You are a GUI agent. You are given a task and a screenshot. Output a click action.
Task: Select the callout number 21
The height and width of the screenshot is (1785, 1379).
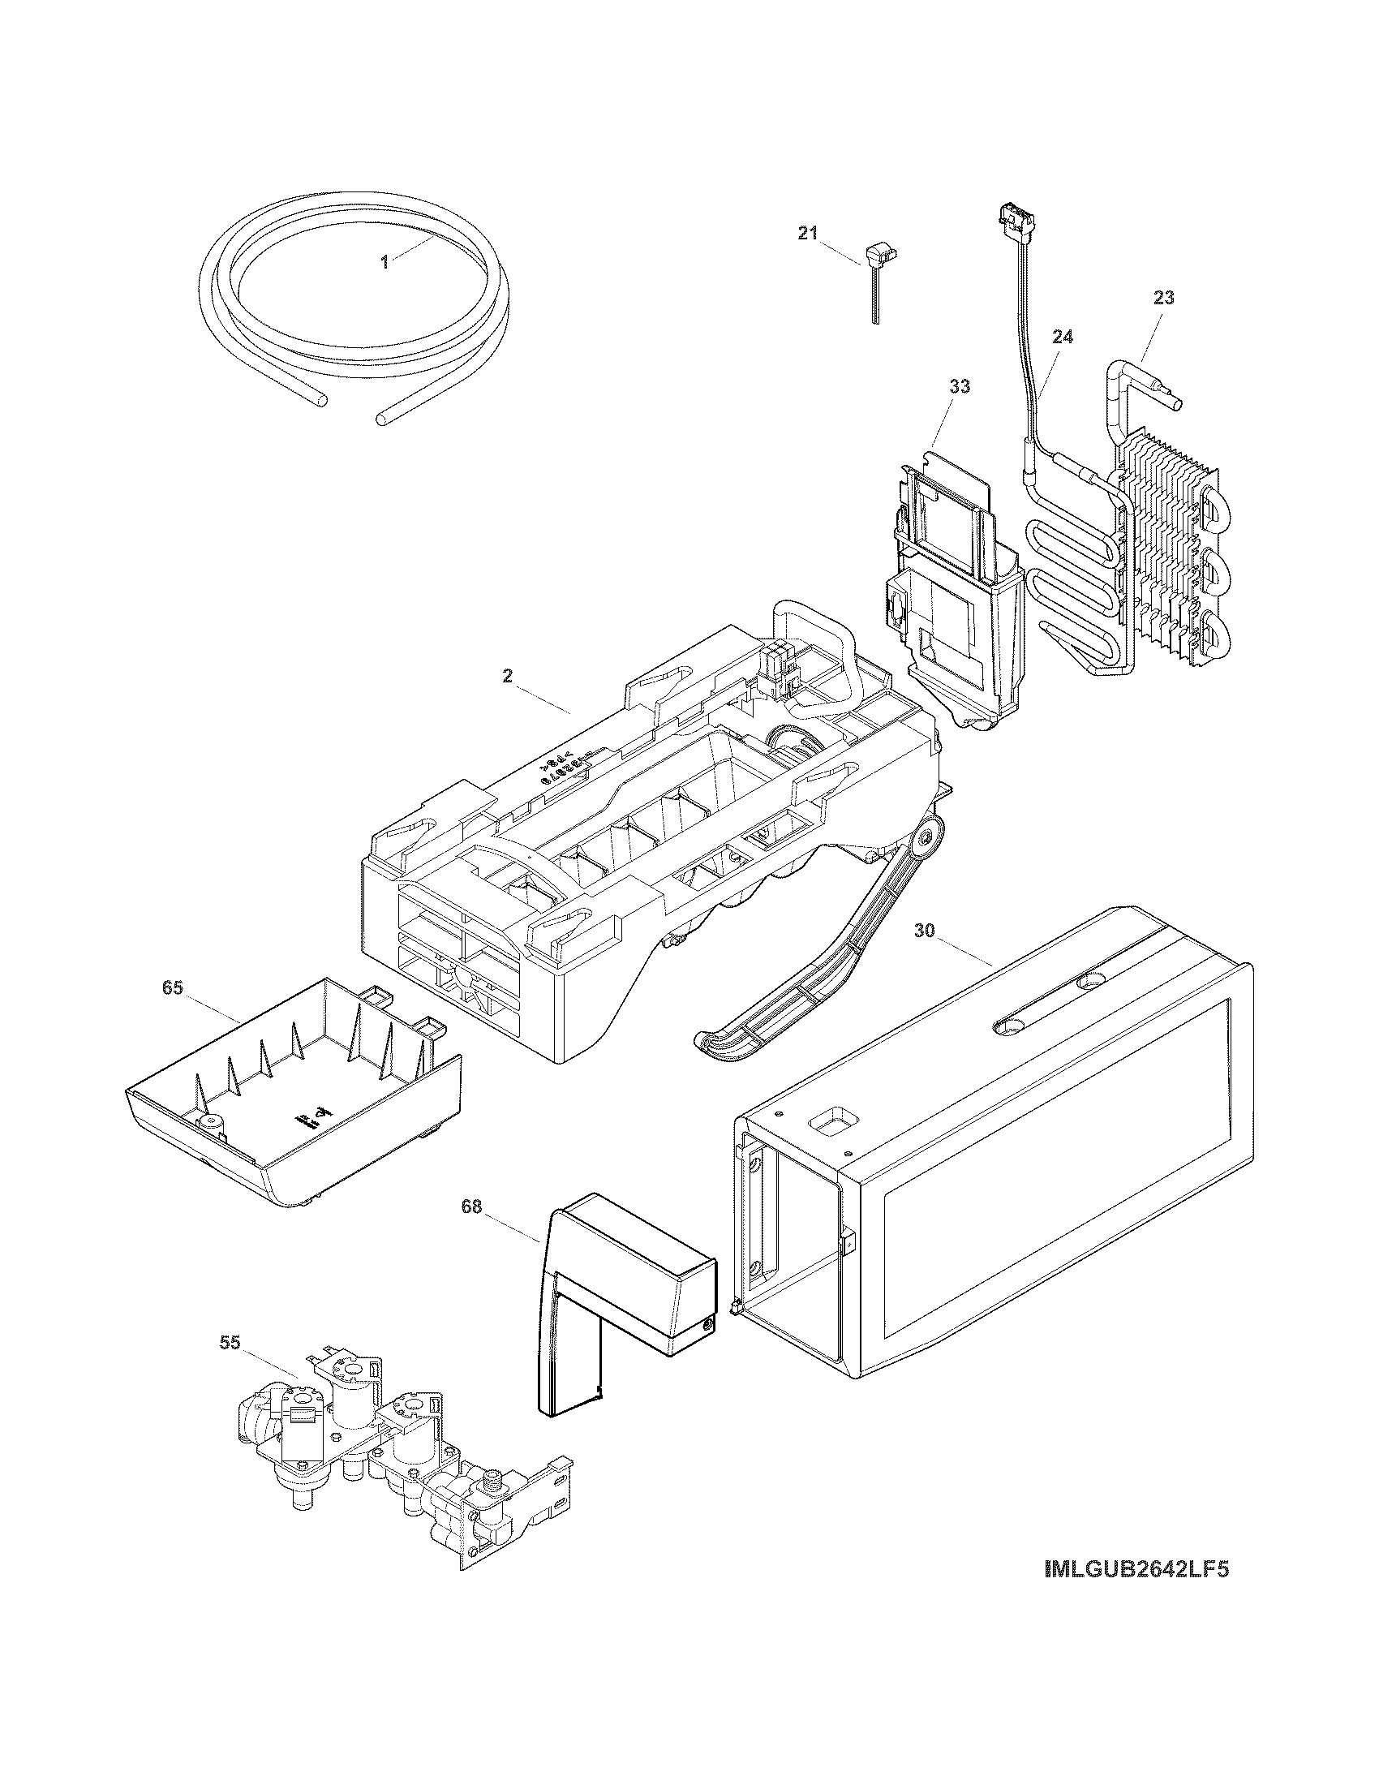click(807, 234)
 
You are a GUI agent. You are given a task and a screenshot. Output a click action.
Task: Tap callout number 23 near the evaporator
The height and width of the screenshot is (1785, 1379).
click(1163, 299)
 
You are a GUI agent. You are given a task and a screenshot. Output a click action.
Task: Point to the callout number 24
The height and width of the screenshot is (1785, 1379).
click(1063, 337)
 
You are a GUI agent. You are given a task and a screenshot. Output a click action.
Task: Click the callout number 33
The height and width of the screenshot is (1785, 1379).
click(959, 386)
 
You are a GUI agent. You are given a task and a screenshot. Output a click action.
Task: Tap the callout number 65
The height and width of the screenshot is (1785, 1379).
click(172, 988)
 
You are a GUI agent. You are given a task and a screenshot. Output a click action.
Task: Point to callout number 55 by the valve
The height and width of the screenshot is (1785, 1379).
click(230, 1343)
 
